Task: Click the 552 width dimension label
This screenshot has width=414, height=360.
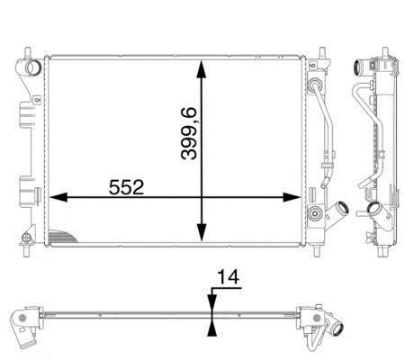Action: click(x=126, y=187)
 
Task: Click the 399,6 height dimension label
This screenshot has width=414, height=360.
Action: click(x=189, y=133)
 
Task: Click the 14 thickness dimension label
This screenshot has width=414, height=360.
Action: click(x=228, y=277)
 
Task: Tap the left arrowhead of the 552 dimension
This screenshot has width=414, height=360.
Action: click(x=58, y=197)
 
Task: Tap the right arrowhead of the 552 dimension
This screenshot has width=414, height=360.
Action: click(x=292, y=197)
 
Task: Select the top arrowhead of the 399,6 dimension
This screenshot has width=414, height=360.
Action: click(x=202, y=69)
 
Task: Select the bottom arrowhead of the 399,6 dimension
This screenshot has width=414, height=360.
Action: click(x=202, y=232)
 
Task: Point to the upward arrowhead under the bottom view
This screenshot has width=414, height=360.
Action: click(x=212, y=328)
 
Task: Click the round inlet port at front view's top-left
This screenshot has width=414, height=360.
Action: click(x=32, y=67)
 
